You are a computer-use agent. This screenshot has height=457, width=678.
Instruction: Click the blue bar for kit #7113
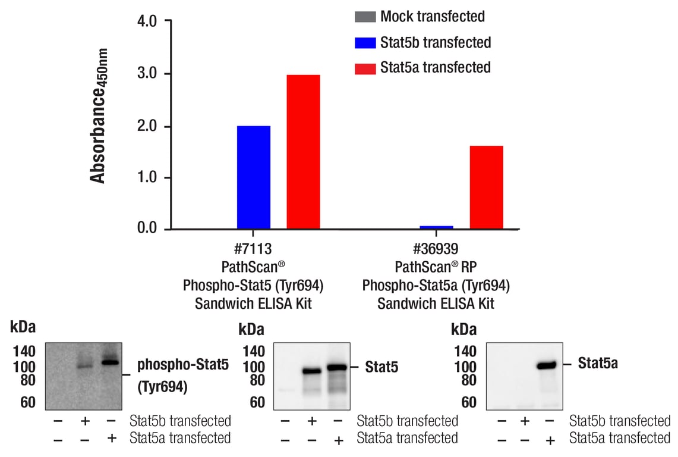click(x=254, y=177)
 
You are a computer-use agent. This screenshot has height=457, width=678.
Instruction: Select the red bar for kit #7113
click(x=303, y=152)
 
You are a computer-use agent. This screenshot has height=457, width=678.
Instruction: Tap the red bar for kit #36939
click(x=486, y=187)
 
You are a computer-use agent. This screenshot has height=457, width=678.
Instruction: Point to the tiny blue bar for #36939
click(x=437, y=227)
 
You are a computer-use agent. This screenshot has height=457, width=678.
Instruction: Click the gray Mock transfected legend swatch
click(x=365, y=16)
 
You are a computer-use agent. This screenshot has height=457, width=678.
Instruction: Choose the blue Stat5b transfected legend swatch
click(x=365, y=42)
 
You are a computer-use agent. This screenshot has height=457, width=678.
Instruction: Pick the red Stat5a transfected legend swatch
click(x=365, y=68)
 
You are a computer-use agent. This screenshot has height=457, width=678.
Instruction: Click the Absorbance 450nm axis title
click(x=98, y=116)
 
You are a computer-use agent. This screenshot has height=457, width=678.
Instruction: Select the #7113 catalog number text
click(x=253, y=250)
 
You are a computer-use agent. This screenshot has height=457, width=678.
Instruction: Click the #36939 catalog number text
click(x=436, y=250)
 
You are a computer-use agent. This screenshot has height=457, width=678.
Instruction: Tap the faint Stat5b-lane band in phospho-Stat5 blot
click(x=84, y=366)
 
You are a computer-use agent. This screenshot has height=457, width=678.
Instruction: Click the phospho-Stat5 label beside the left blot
click(x=182, y=365)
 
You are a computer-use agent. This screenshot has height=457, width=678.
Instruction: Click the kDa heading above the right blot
click(x=464, y=329)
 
